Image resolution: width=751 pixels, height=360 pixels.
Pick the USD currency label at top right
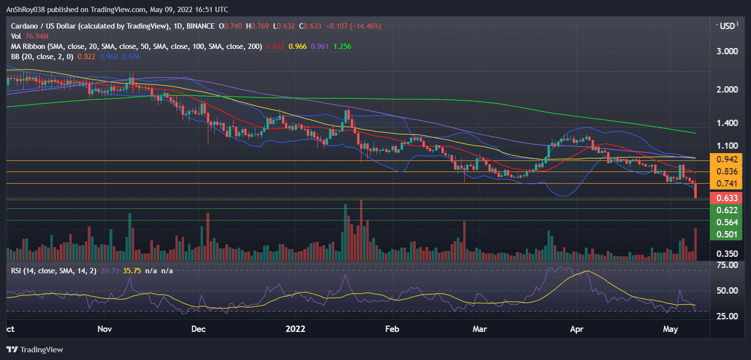727,26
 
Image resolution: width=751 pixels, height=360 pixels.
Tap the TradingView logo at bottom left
35,349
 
